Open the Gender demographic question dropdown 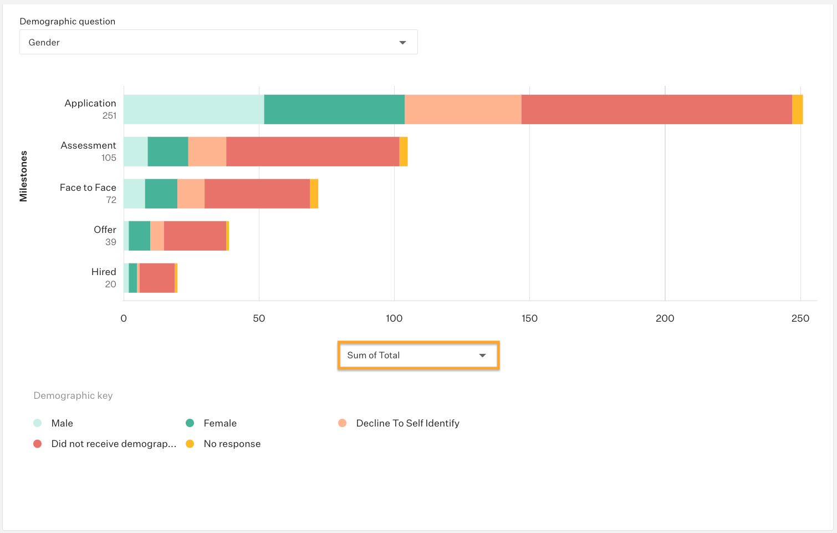click(x=218, y=42)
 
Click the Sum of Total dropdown click(x=418, y=356)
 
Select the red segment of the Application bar click(x=656, y=109)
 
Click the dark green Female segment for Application click(x=334, y=109)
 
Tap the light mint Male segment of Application click(x=193, y=109)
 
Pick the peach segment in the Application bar click(x=463, y=109)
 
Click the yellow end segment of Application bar click(x=797, y=109)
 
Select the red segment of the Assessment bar click(x=313, y=151)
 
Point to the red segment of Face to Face click(x=257, y=194)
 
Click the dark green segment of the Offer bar click(x=139, y=236)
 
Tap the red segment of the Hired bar click(x=157, y=278)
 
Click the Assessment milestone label click(x=88, y=145)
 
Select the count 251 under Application click(x=109, y=115)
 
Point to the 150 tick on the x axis click(x=529, y=318)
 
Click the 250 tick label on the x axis click(x=800, y=318)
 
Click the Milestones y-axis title click(x=23, y=176)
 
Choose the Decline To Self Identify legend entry click(x=407, y=423)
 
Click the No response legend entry click(x=232, y=444)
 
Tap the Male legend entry click(x=62, y=423)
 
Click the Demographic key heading click(x=73, y=395)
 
